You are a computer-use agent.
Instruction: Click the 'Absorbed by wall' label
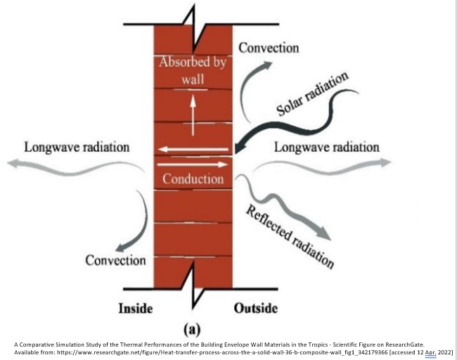[193, 69]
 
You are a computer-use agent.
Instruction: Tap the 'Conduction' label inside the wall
[193, 179]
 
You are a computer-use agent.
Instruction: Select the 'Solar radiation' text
[312, 94]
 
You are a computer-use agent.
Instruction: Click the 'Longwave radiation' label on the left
[77, 147]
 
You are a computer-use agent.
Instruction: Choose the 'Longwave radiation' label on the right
[326, 147]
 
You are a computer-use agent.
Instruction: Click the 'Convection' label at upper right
[269, 48]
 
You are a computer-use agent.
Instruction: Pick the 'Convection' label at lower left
[115, 260]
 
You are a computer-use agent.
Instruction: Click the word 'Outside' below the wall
[255, 308]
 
